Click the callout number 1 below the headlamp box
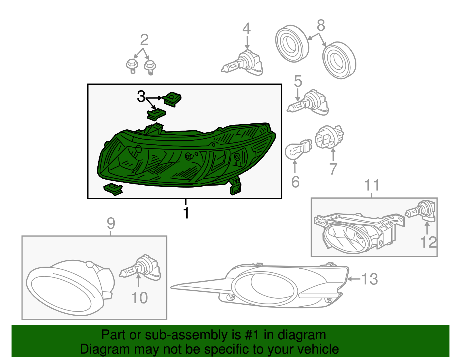click(x=186, y=213)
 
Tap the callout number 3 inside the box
click(x=141, y=96)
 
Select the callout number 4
click(x=247, y=29)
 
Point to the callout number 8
click(x=321, y=25)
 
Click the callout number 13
click(x=370, y=279)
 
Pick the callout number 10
click(x=139, y=298)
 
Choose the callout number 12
click(x=428, y=242)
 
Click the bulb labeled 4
click(x=242, y=63)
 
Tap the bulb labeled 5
click(x=308, y=102)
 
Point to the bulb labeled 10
click(x=140, y=267)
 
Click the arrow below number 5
click(x=298, y=95)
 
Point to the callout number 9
click(x=111, y=223)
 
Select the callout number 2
click(x=144, y=40)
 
